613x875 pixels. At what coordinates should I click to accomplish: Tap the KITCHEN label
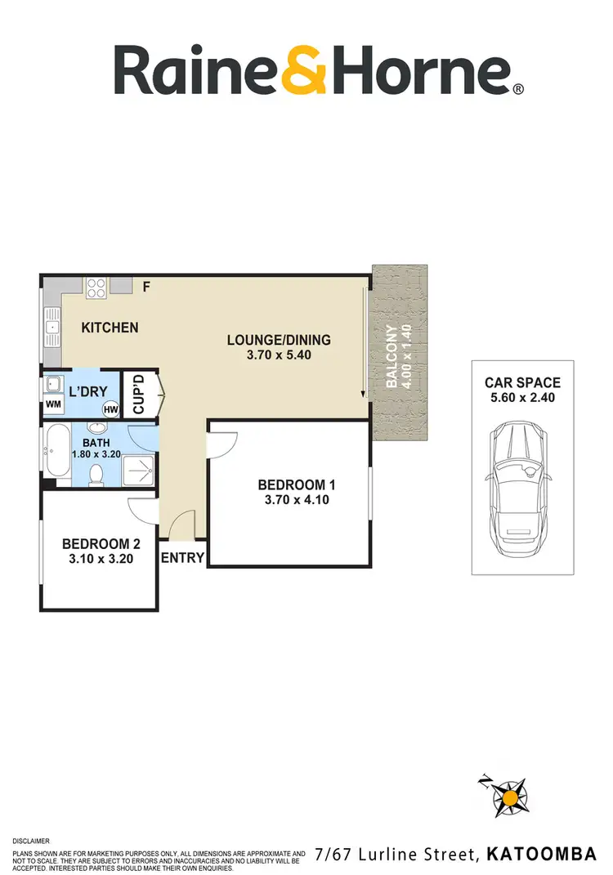point(110,328)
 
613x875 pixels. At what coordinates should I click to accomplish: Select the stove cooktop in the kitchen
point(96,287)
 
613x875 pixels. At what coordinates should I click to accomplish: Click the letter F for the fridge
point(147,287)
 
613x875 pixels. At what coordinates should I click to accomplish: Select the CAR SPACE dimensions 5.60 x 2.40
point(522,398)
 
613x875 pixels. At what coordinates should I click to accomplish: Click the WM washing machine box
point(53,404)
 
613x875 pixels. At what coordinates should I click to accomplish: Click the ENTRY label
point(182,558)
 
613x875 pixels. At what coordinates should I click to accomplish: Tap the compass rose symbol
point(511,795)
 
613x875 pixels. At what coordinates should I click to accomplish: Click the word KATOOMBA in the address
point(541,855)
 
